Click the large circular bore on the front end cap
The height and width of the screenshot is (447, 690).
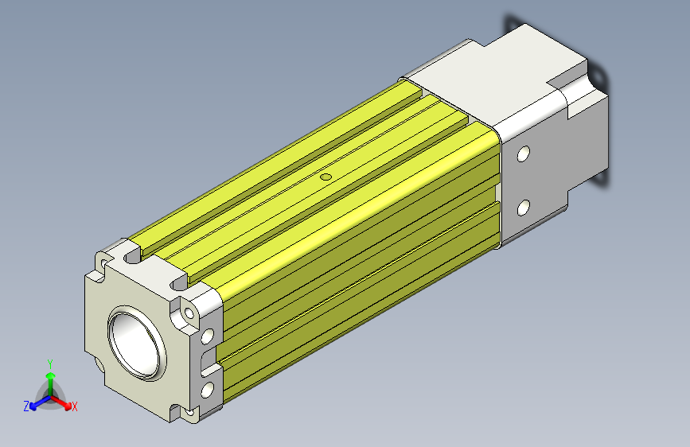(136, 343)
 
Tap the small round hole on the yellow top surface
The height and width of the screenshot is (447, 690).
(326, 177)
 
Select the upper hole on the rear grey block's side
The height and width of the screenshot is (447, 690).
(523, 154)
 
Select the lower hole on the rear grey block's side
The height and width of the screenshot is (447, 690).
(523, 208)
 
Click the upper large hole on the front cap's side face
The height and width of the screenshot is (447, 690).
(207, 336)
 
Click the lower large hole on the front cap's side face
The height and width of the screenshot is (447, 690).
(207, 390)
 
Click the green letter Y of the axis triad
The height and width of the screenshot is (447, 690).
(50, 364)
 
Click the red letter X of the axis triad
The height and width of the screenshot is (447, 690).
(74, 406)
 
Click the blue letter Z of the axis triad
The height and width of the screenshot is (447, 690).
(26, 406)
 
